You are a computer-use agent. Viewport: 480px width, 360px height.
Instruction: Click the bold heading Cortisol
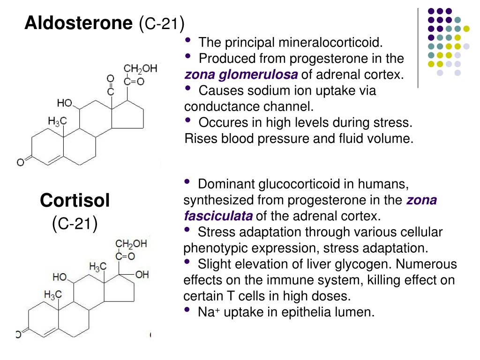[75, 201]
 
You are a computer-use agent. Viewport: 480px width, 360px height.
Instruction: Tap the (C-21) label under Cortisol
[75, 224]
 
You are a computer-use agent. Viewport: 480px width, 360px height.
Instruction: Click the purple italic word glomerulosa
[258, 75]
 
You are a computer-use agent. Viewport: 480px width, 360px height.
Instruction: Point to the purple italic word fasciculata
[218, 216]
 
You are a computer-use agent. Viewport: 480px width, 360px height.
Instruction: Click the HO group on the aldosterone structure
[65, 103]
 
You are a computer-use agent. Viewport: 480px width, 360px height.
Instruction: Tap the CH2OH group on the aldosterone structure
[140, 68]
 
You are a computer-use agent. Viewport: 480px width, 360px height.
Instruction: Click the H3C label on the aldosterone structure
[57, 121]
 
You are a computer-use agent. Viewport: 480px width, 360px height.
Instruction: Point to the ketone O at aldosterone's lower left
[20, 162]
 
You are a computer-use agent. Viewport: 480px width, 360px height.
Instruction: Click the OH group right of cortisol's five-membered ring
[142, 275]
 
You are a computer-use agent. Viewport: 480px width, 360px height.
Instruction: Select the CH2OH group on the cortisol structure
[131, 244]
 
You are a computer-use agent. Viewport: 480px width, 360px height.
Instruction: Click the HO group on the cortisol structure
[60, 277]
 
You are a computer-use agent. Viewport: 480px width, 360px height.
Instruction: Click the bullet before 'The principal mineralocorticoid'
[188, 40]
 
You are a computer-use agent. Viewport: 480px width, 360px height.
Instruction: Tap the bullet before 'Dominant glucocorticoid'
[187, 181]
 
